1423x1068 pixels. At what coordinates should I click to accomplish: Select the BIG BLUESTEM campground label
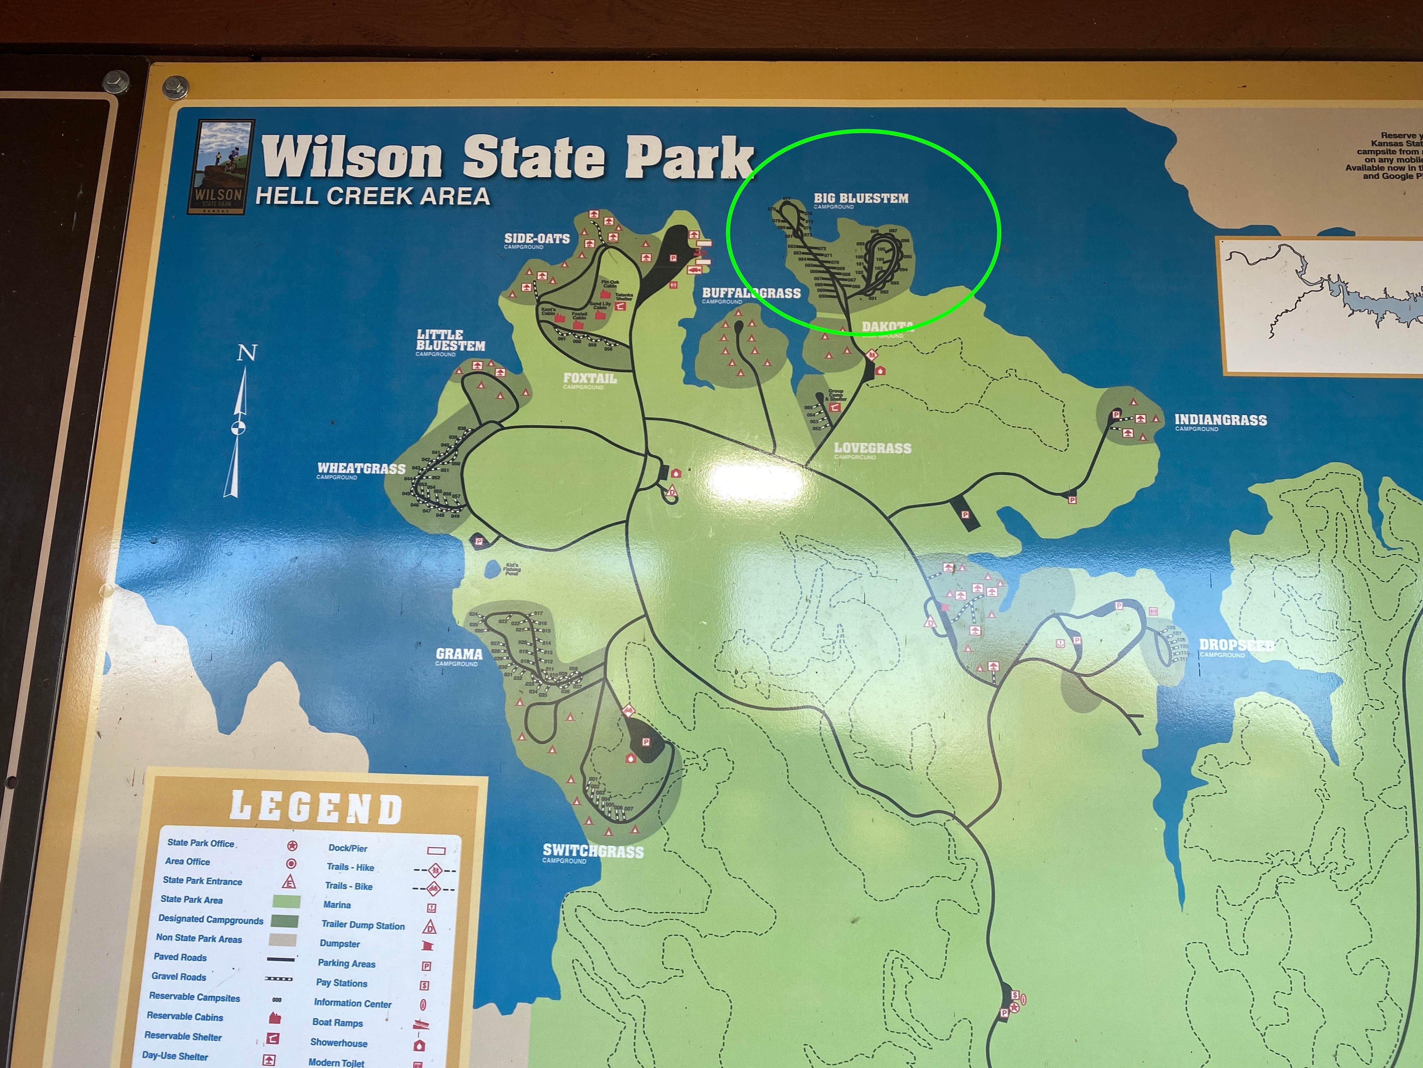point(861,198)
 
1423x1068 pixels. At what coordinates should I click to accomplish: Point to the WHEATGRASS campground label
point(361,469)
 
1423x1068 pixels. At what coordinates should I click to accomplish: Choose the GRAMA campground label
point(459,654)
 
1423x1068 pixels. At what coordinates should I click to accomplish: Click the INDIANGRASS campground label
point(1220,420)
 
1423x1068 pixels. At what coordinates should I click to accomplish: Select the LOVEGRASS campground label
point(872,448)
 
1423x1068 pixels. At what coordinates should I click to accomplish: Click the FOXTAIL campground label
point(589,379)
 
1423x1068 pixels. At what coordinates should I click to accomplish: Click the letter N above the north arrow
point(247,353)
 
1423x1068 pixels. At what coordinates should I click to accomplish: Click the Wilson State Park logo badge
point(220,167)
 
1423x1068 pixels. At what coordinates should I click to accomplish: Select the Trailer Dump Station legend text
point(363,925)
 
